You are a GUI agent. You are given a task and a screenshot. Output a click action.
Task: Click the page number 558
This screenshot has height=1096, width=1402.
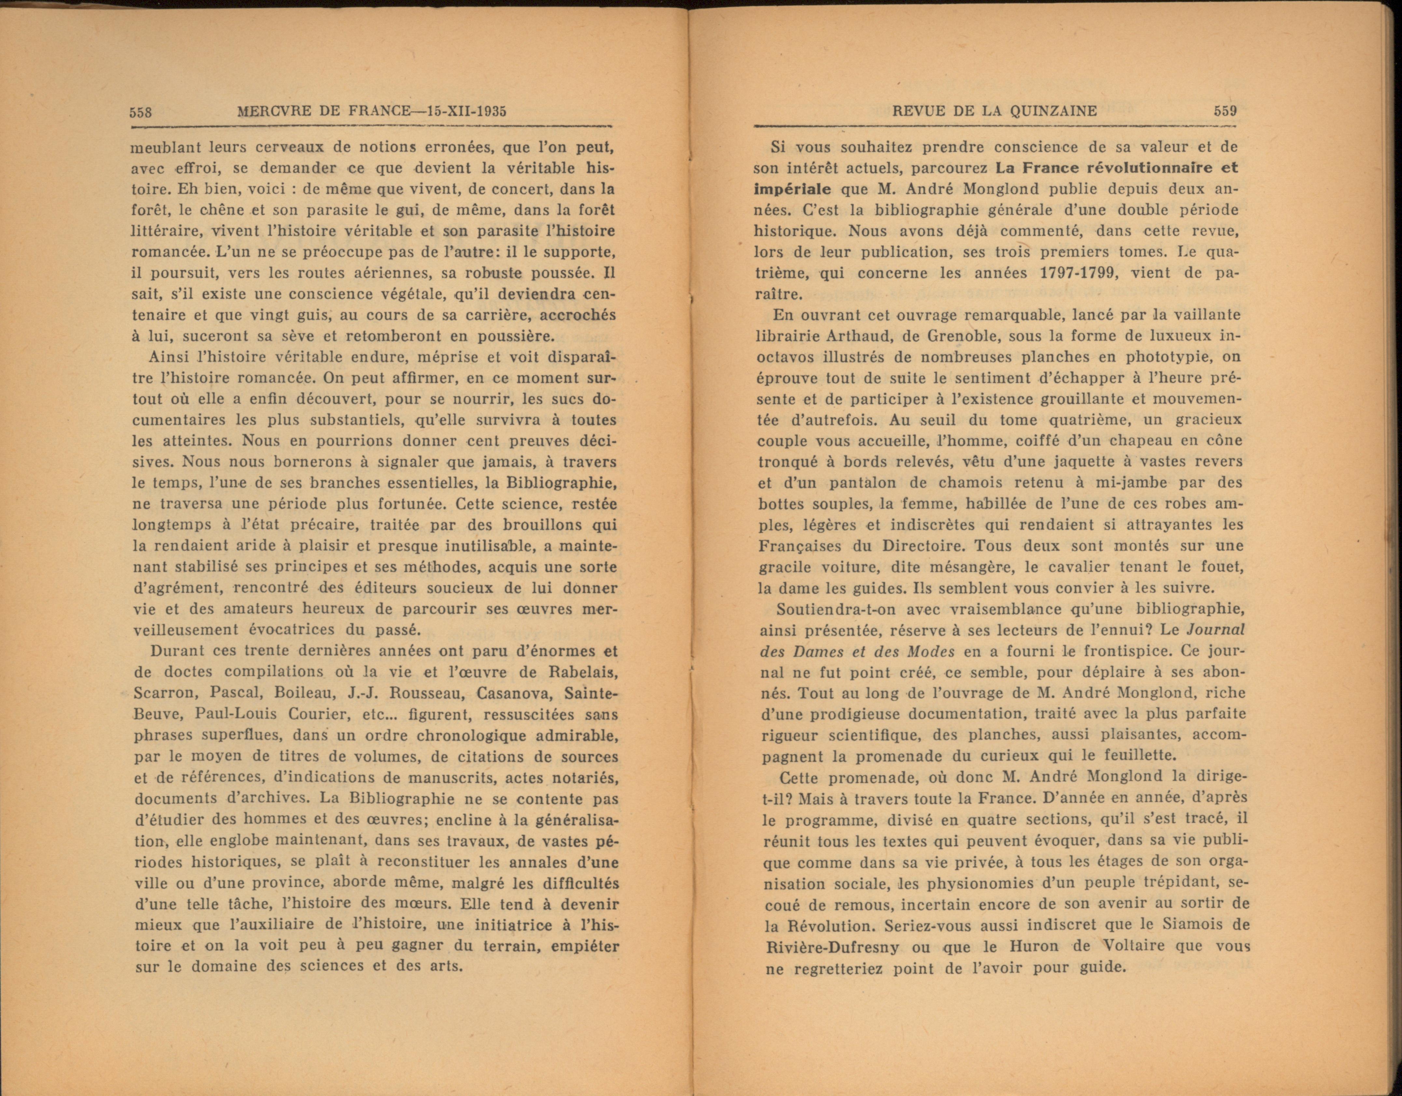(x=140, y=112)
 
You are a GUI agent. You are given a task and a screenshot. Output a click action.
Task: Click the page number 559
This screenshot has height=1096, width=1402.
(x=1225, y=110)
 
